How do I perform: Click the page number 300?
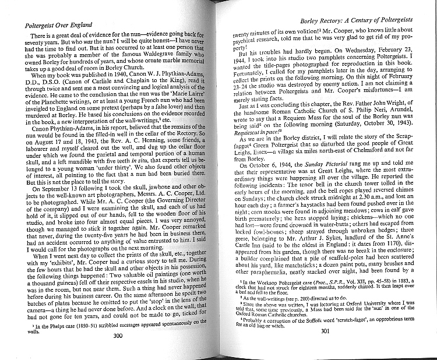(x=118, y=352)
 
